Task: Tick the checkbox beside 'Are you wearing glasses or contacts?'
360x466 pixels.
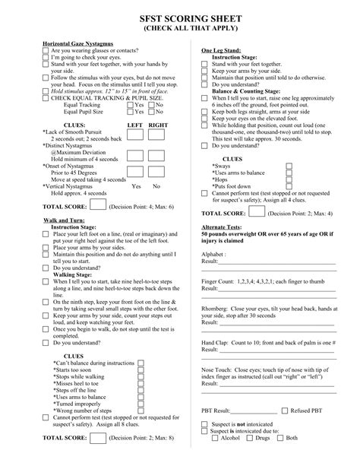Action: (x=46, y=51)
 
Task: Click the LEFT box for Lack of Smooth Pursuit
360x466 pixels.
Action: (x=134, y=135)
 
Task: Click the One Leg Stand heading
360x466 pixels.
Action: (x=221, y=50)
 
